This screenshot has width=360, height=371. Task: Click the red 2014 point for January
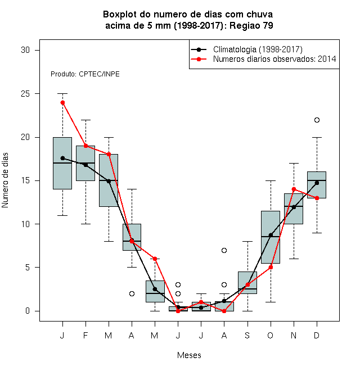click(62, 102)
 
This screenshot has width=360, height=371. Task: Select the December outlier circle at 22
click(317, 120)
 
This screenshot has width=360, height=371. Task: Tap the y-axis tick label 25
click(25, 94)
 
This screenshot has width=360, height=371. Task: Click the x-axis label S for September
click(247, 335)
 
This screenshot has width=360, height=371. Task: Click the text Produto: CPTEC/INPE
click(85, 74)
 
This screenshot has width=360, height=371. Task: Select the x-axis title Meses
click(189, 355)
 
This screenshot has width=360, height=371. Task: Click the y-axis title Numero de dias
click(5, 180)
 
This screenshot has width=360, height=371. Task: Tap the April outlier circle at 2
click(132, 293)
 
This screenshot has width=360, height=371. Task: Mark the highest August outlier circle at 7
click(224, 250)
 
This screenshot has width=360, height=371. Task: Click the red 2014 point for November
click(294, 189)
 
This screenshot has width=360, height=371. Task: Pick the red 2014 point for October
click(271, 268)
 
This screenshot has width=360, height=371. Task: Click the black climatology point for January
click(62, 158)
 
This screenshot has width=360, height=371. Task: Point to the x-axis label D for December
click(317, 335)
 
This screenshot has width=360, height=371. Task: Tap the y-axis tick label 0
click(28, 311)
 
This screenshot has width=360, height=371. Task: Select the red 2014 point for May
click(155, 259)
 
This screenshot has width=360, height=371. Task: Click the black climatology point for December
click(317, 183)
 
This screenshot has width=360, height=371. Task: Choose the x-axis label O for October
click(270, 335)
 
